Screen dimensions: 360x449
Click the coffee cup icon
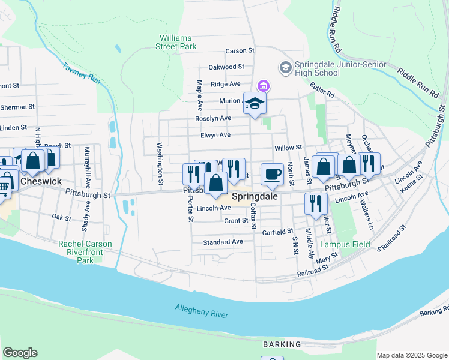[x=273, y=174]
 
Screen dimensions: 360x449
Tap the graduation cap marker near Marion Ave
[x=255, y=104]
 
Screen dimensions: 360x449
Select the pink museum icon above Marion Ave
[x=263, y=86]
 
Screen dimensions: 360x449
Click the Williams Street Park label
[x=176, y=41]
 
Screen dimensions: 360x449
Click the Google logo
[x=20, y=353]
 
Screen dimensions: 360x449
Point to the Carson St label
[x=240, y=51]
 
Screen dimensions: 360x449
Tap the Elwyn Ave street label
[x=215, y=135]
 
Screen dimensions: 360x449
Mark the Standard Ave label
[x=223, y=242]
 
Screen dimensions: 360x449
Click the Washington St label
[x=160, y=163]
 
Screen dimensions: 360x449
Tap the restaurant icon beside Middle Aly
[x=313, y=203]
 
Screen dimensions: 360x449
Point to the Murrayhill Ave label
[x=88, y=166]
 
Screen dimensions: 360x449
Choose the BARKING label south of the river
[x=282, y=344]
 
